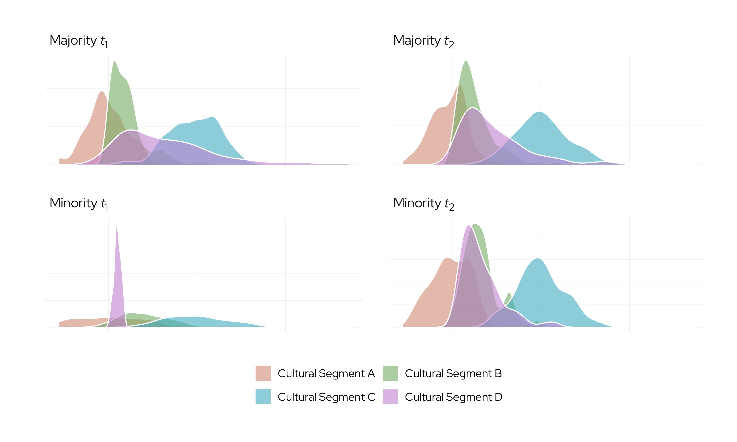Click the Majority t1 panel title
pos(79,41)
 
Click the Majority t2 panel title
pos(423,41)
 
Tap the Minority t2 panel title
pos(424,204)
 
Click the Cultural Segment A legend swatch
pos(263,373)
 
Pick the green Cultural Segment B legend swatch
pos(390,373)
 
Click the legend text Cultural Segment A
pos(326,373)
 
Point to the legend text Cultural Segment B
pos(453,373)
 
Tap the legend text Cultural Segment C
pos(326,397)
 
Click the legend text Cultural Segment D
pos(453,397)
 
